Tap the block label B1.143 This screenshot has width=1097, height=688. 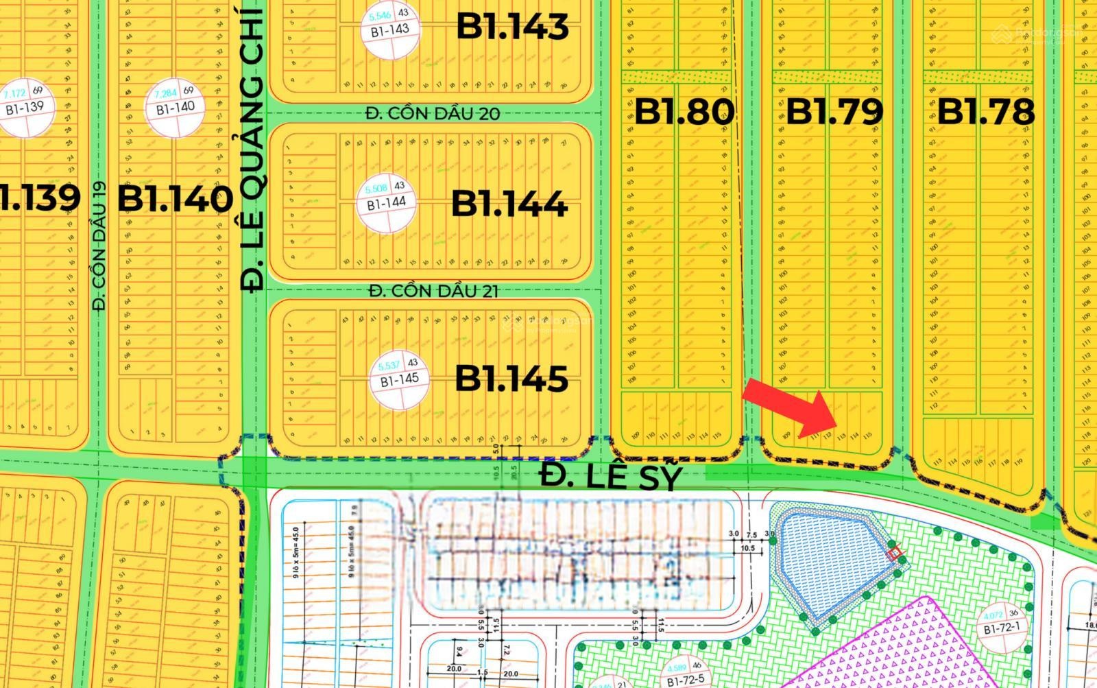pyautogui.click(x=512, y=27)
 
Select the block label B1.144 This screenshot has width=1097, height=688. pyautogui.click(x=509, y=203)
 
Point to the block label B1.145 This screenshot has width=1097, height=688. pyautogui.click(x=511, y=378)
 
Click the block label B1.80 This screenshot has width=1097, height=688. pyautogui.click(x=684, y=112)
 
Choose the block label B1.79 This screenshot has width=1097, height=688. pyautogui.click(x=834, y=112)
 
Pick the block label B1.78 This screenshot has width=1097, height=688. pyautogui.click(x=985, y=112)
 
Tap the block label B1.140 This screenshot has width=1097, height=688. pyautogui.click(x=176, y=200)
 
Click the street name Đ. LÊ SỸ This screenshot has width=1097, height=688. pyautogui.click(x=611, y=475)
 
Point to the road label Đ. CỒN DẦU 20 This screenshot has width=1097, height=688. pyautogui.click(x=432, y=113)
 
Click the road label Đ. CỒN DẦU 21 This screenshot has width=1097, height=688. pyautogui.click(x=433, y=291)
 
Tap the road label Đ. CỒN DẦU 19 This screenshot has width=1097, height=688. pyautogui.click(x=100, y=246)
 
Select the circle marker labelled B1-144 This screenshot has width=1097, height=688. pyautogui.click(x=386, y=202)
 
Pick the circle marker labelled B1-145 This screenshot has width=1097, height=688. pyautogui.click(x=399, y=379)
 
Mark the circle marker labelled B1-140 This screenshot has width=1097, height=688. pyautogui.click(x=175, y=107)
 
